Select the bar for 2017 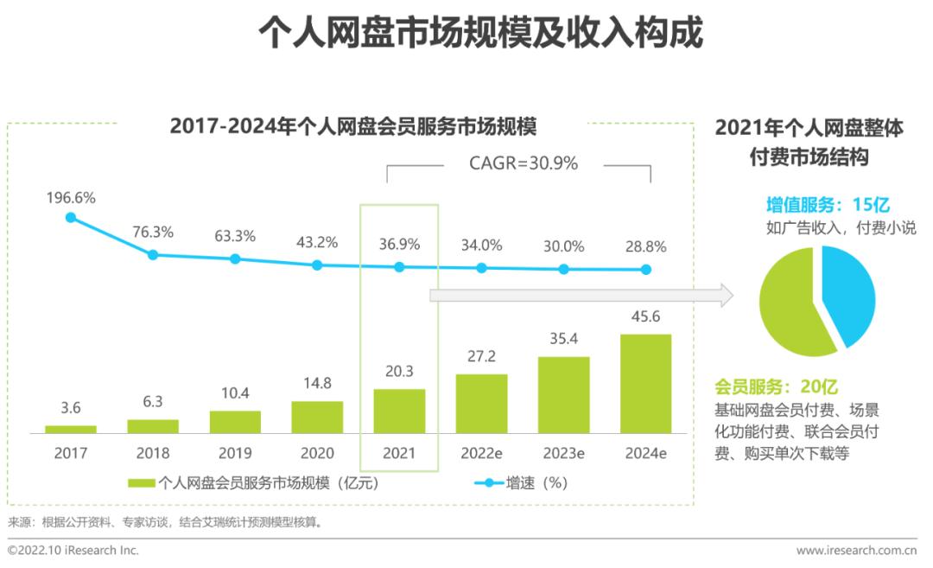(71, 429)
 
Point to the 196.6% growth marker (71, 218)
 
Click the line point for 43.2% (317, 265)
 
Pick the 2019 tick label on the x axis (235, 453)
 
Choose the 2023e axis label (563, 453)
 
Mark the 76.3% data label (153, 232)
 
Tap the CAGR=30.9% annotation (523, 163)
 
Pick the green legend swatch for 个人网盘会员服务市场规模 (141, 484)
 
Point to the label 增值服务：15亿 (827, 205)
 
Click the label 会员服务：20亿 (776, 387)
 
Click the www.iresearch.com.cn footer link (855, 550)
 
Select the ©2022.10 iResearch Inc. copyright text (73, 550)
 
